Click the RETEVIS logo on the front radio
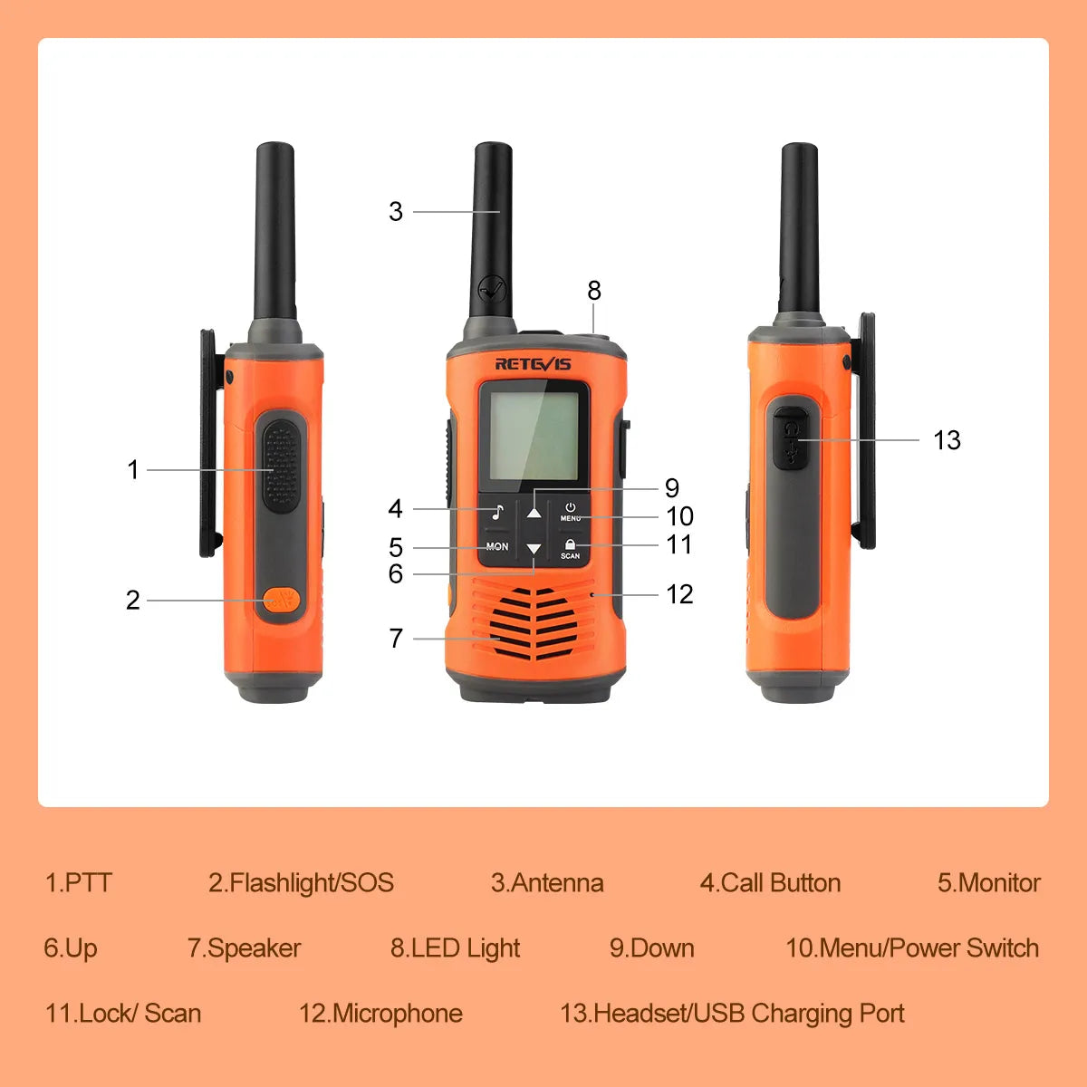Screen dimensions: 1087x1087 click(x=533, y=364)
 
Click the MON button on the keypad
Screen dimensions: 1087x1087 click(x=497, y=546)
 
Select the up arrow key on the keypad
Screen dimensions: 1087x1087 click(x=534, y=513)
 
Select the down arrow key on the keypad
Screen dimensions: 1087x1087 click(x=534, y=548)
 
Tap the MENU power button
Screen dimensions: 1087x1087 click(x=571, y=512)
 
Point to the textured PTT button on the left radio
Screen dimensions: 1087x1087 click(x=282, y=466)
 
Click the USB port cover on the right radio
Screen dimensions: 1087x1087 click(x=789, y=438)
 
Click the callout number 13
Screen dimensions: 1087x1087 click(x=948, y=440)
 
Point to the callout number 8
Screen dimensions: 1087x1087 click(x=594, y=291)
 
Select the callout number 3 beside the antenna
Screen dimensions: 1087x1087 click(x=396, y=212)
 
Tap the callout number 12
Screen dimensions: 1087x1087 click(x=679, y=594)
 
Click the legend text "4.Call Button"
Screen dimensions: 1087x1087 click(x=770, y=883)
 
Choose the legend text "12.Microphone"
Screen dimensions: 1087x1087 click(x=380, y=1013)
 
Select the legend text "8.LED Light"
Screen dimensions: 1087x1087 click(x=456, y=948)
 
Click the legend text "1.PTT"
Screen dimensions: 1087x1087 click(x=79, y=883)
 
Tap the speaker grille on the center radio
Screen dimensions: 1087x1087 click(x=534, y=624)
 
